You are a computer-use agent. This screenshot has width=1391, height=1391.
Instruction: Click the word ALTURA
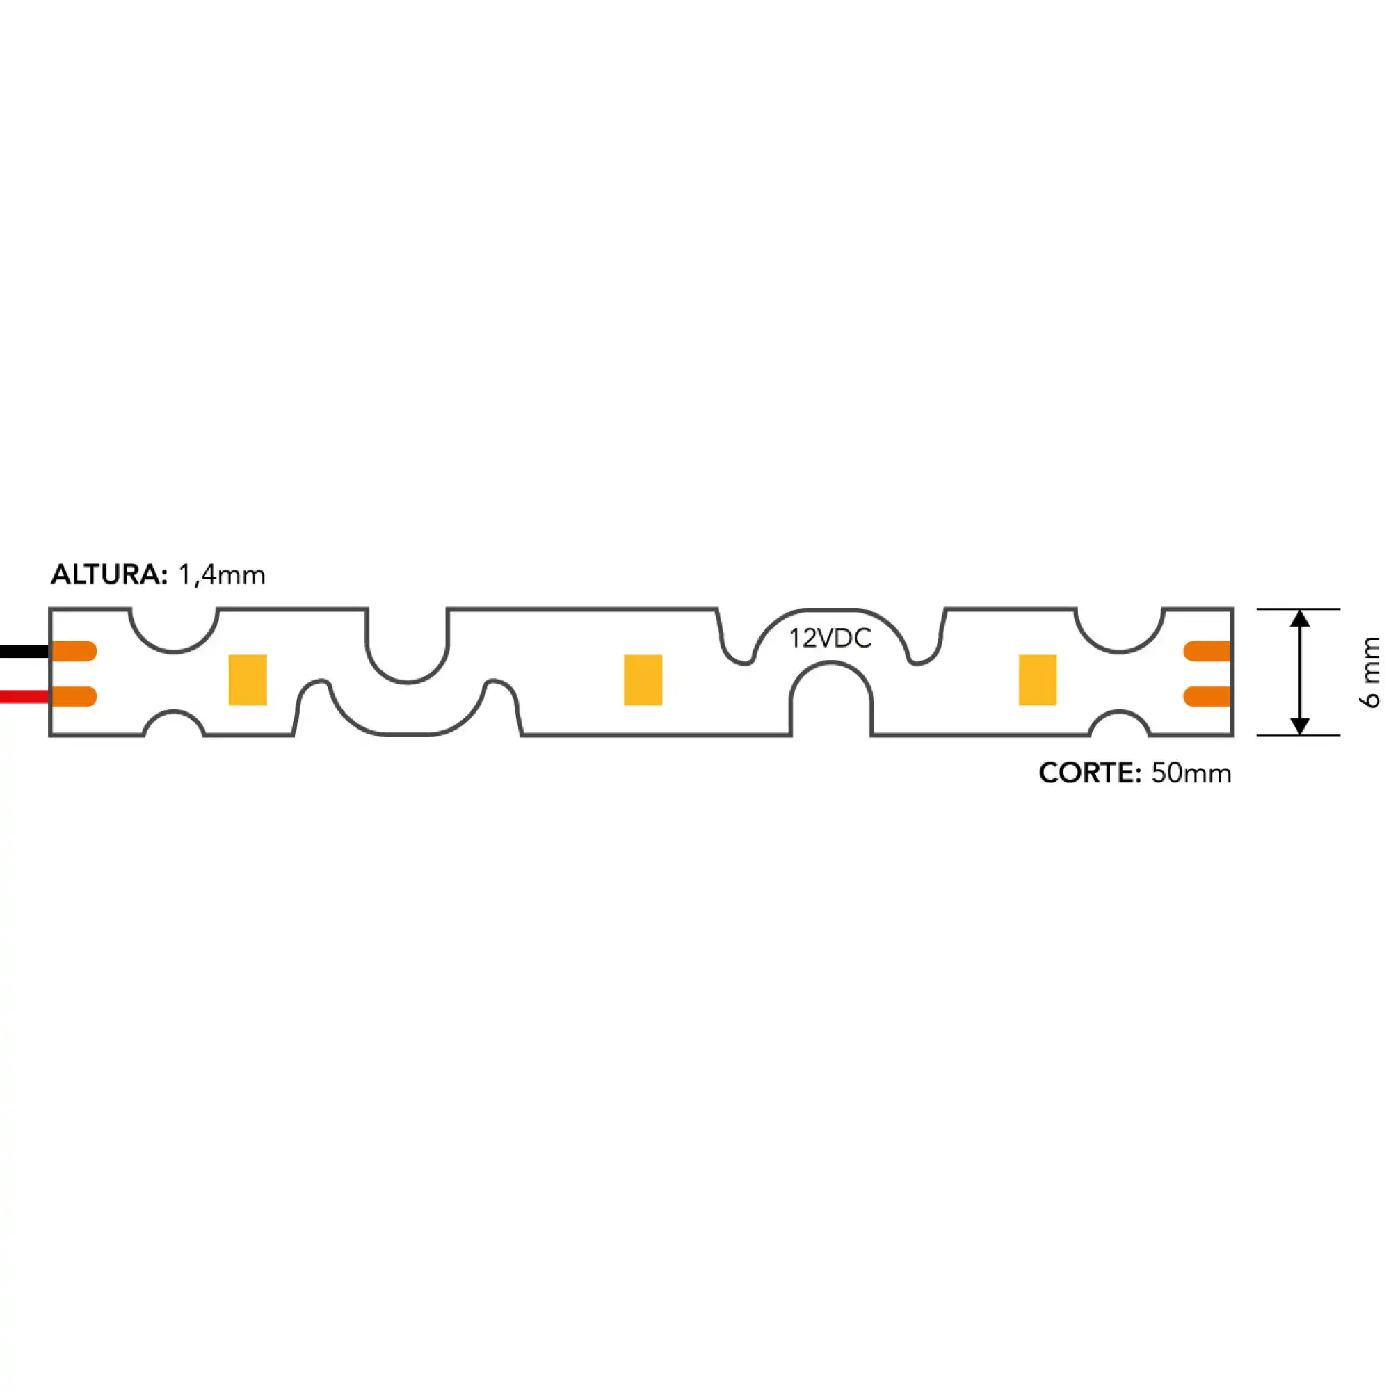[x=108, y=574]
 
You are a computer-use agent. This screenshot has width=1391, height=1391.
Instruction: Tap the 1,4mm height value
[x=221, y=574]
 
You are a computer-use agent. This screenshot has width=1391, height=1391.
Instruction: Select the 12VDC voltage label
[x=830, y=638]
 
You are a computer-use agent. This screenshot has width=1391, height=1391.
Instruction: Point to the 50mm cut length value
[x=1191, y=773]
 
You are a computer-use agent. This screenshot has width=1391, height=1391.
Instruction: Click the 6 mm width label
[x=1372, y=672]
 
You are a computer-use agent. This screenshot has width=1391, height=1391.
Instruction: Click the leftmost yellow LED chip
[x=248, y=680]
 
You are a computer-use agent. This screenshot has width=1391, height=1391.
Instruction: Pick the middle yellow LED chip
[x=643, y=680]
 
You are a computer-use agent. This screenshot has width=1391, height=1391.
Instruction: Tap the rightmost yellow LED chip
[x=1038, y=680]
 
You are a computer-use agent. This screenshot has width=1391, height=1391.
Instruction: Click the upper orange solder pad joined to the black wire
[x=74, y=651]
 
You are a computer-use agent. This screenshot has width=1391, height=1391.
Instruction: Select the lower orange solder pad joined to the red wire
[x=74, y=696]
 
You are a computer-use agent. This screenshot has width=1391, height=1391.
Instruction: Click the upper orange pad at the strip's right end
[x=1207, y=651]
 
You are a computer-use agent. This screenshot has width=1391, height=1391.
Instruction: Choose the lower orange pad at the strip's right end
[x=1207, y=696]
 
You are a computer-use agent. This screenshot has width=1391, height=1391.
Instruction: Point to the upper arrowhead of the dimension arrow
[x=1300, y=618]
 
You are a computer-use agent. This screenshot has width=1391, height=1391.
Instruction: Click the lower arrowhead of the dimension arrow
[x=1300, y=725]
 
